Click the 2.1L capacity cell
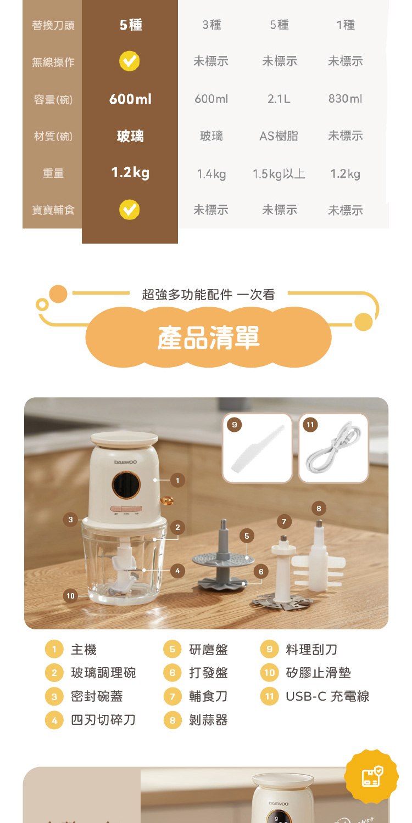point(279,99)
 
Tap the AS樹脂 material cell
point(279,136)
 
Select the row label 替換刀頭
point(53,25)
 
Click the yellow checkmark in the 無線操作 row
point(130,61)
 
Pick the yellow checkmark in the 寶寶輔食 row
point(130,209)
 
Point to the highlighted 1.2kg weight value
point(130,173)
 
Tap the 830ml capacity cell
point(345,99)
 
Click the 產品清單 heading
point(208,337)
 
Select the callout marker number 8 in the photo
point(319,508)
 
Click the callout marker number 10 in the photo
point(70,596)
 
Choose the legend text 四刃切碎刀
point(103,720)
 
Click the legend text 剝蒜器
point(208,720)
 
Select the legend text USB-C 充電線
point(327,697)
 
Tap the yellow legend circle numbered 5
point(172,650)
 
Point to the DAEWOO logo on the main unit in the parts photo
point(125,461)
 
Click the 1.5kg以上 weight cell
point(279,174)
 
